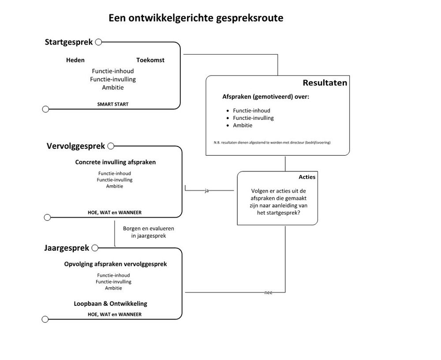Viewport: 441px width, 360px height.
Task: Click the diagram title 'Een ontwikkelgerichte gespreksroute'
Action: (196, 19)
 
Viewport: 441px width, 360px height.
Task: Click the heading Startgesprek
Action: (69, 42)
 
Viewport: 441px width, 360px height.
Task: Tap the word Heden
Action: (75, 60)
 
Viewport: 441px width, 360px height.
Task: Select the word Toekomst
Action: (150, 60)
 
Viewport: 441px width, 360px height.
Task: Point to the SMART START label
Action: (113, 104)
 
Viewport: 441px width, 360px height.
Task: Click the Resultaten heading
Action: (325, 83)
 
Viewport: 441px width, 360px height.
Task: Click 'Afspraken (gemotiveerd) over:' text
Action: (265, 96)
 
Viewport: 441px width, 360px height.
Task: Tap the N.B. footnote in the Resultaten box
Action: (272, 142)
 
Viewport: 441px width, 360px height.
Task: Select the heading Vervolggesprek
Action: (76, 146)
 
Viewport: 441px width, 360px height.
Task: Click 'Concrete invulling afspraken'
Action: (116, 162)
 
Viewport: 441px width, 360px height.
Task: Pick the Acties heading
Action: (307, 177)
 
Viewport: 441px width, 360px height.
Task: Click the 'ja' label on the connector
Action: (207, 191)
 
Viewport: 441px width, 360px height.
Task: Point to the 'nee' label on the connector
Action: (268, 293)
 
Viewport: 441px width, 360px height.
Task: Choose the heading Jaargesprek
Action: (67, 249)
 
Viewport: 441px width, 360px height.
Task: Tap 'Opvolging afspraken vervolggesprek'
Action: (116, 264)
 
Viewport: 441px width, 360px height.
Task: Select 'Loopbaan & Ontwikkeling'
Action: (111, 304)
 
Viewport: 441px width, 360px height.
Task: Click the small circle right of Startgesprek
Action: (98, 42)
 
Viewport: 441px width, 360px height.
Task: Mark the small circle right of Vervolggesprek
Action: (111, 146)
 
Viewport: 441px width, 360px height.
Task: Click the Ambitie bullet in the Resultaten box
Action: (243, 126)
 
